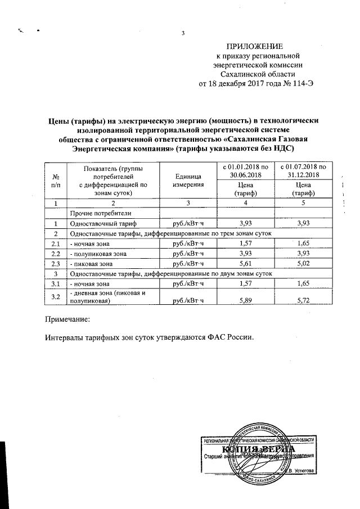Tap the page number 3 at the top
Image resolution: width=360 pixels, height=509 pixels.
pyautogui.click(x=183, y=32)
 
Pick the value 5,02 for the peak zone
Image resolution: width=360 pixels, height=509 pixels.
pyautogui.click(x=304, y=263)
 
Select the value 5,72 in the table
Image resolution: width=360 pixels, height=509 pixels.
pyautogui.click(x=304, y=301)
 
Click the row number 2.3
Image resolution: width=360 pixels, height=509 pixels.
pyautogui.click(x=55, y=263)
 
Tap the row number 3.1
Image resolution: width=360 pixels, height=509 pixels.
pyautogui.click(x=55, y=283)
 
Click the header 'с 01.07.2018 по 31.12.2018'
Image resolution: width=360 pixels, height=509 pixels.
pyautogui.click(x=304, y=170)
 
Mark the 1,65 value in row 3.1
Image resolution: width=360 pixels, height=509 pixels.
pyautogui.click(x=304, y=283)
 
